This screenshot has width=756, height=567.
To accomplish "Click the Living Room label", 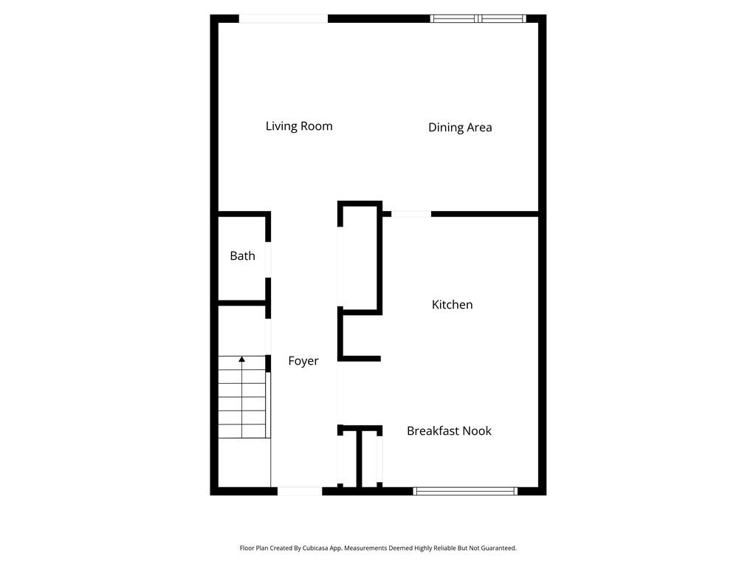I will click(299, 126).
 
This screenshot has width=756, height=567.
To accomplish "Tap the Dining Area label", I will click(460, 128).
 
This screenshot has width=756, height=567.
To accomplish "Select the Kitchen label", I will click(452, 304).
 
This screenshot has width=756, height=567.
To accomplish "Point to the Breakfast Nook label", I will click(449, 431).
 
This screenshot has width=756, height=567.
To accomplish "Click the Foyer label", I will click(303, 361).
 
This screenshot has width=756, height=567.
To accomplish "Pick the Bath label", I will click(242, 256).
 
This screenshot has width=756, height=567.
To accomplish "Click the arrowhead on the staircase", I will click(241, 360).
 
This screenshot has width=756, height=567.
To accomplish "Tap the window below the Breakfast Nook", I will click(465, 491).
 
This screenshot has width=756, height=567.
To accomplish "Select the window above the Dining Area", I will click(478, 18).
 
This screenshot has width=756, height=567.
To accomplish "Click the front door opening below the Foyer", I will click(299, 491).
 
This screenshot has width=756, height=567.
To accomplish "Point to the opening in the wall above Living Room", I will click(283, 18).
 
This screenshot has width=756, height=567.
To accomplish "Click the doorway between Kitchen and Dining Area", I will click(411, 214).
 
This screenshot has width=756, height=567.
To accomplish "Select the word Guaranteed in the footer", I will click(498, 549).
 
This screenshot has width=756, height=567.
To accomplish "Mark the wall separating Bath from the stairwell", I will click(241, 303).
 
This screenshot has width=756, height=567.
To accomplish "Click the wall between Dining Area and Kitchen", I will click(484, 214).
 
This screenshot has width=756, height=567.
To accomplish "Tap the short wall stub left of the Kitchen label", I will click(360, 359).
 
